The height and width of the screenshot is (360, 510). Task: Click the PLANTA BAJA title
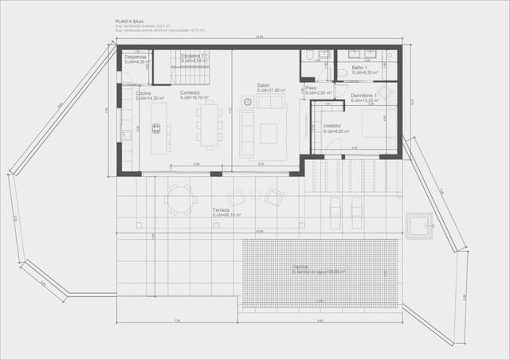coord(128,23)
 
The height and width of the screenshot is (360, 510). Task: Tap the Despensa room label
coord(135,57)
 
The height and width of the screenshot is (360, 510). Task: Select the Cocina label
coord(143,93)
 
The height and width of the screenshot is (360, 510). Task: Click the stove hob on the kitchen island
coord(156,128)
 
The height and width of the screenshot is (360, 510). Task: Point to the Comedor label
coord(190,93)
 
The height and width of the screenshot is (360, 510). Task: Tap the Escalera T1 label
coord(193,56)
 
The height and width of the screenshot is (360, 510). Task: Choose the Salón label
coord(263,86)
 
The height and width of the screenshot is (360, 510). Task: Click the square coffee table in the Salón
coord(269,134)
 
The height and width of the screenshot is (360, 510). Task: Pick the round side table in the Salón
coord(247,102)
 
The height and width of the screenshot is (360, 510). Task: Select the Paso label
coord(311,88)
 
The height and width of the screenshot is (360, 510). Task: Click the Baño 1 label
coord(360,68)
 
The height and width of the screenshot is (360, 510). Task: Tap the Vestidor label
coord(332,126)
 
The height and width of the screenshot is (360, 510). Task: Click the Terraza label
coord(221,209)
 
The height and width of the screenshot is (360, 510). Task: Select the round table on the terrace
coord(181,198)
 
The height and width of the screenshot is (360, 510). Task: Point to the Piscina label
coord(300,267)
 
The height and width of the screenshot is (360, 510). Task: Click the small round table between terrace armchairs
coord(255,194)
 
